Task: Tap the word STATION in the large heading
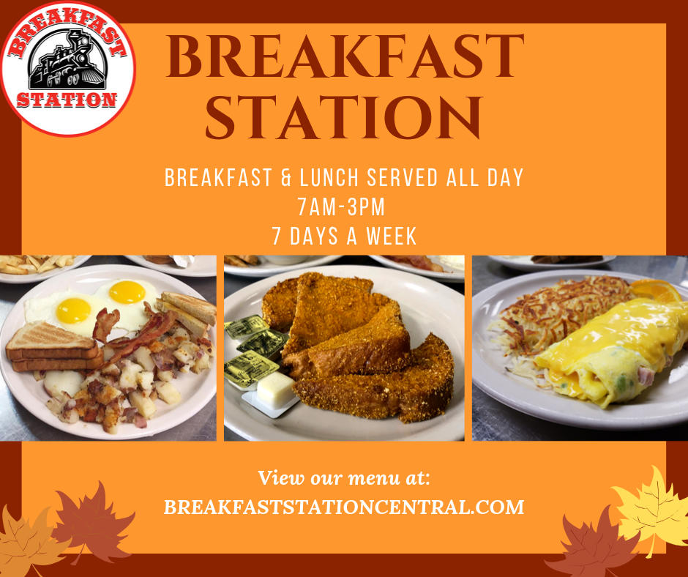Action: click(x=344, y=117)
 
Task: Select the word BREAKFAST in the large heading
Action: click(x=345, y=56)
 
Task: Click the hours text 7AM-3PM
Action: click(x=341, y=206)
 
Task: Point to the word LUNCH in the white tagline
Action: click(x=329, y=177)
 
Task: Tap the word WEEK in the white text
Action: click(x=392, y=237)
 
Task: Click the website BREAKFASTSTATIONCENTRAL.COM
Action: click(x=344, y=507)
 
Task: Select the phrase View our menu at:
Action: click(x=343, y=477)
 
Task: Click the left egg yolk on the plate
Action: click(x=73, y=310)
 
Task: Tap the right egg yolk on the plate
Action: click(x=127, y=292)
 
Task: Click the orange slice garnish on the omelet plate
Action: click(x=657, y=290)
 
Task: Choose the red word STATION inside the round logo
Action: click(x=67, y=100)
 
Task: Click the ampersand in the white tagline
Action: click(x=285, y=178)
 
